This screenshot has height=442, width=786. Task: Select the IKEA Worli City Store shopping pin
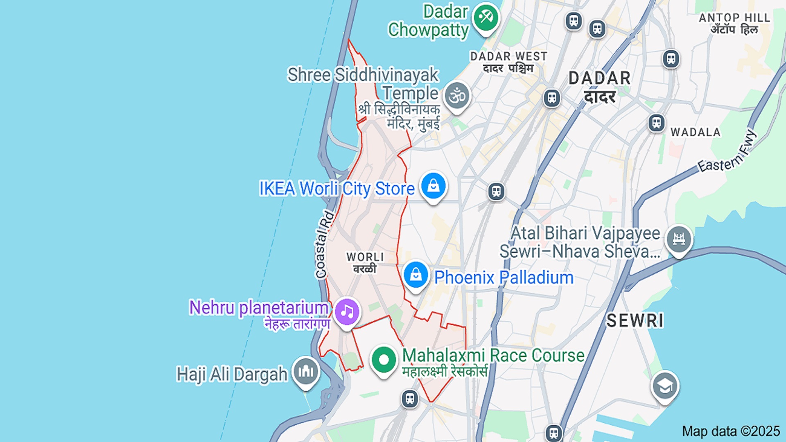[x=434, y=186]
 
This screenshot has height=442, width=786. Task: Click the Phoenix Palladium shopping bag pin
[x=416, y=275]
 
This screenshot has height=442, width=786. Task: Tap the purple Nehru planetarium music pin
[x=347, y=312]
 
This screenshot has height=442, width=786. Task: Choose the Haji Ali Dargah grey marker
[x=305, y=372]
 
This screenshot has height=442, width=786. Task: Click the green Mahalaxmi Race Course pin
[x=384, y=360]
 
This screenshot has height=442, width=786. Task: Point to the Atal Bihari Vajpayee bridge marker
[x=679, y=239]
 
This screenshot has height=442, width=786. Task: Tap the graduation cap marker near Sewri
[x=665, y=386]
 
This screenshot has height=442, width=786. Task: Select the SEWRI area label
[x=635, y=321]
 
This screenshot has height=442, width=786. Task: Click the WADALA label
[x=696, y=132]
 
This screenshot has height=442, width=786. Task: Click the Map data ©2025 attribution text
[x=731, y=431]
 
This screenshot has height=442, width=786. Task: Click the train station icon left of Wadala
[x=657, y=122]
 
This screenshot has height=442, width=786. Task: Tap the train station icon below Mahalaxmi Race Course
[x=410, y=398]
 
